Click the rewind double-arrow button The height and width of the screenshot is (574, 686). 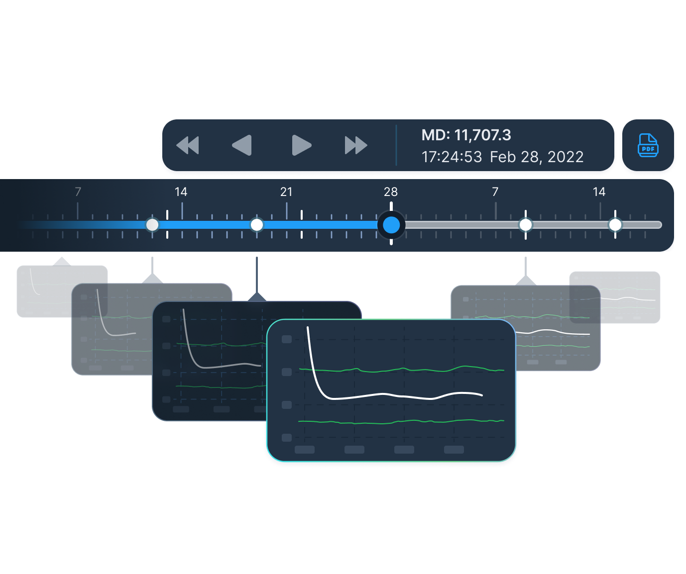(x=188, y=145)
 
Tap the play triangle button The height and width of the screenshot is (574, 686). (x=301, y=145)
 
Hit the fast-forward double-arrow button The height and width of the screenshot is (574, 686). (x=356, y=145)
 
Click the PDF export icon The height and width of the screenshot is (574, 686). (x=648, y=146)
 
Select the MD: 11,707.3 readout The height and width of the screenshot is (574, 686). (x=466, y=135)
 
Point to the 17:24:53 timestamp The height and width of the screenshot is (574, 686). (x=452, y=157)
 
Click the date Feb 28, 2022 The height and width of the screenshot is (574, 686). (x=537, y=157)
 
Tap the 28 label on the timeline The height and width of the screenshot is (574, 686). (x=391, y=192)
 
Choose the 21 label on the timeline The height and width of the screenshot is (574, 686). (x=286, y=192)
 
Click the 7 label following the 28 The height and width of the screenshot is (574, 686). (x=495, y=192)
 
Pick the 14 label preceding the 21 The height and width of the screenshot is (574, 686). (x=181, y=192)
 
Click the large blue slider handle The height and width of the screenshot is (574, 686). (x=391, y=225)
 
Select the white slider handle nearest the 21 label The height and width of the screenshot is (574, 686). (x=257, y=225)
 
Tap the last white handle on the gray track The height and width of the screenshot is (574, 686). (x=615, y=225)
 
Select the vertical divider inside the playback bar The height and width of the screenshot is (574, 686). (x=396, y=145)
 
